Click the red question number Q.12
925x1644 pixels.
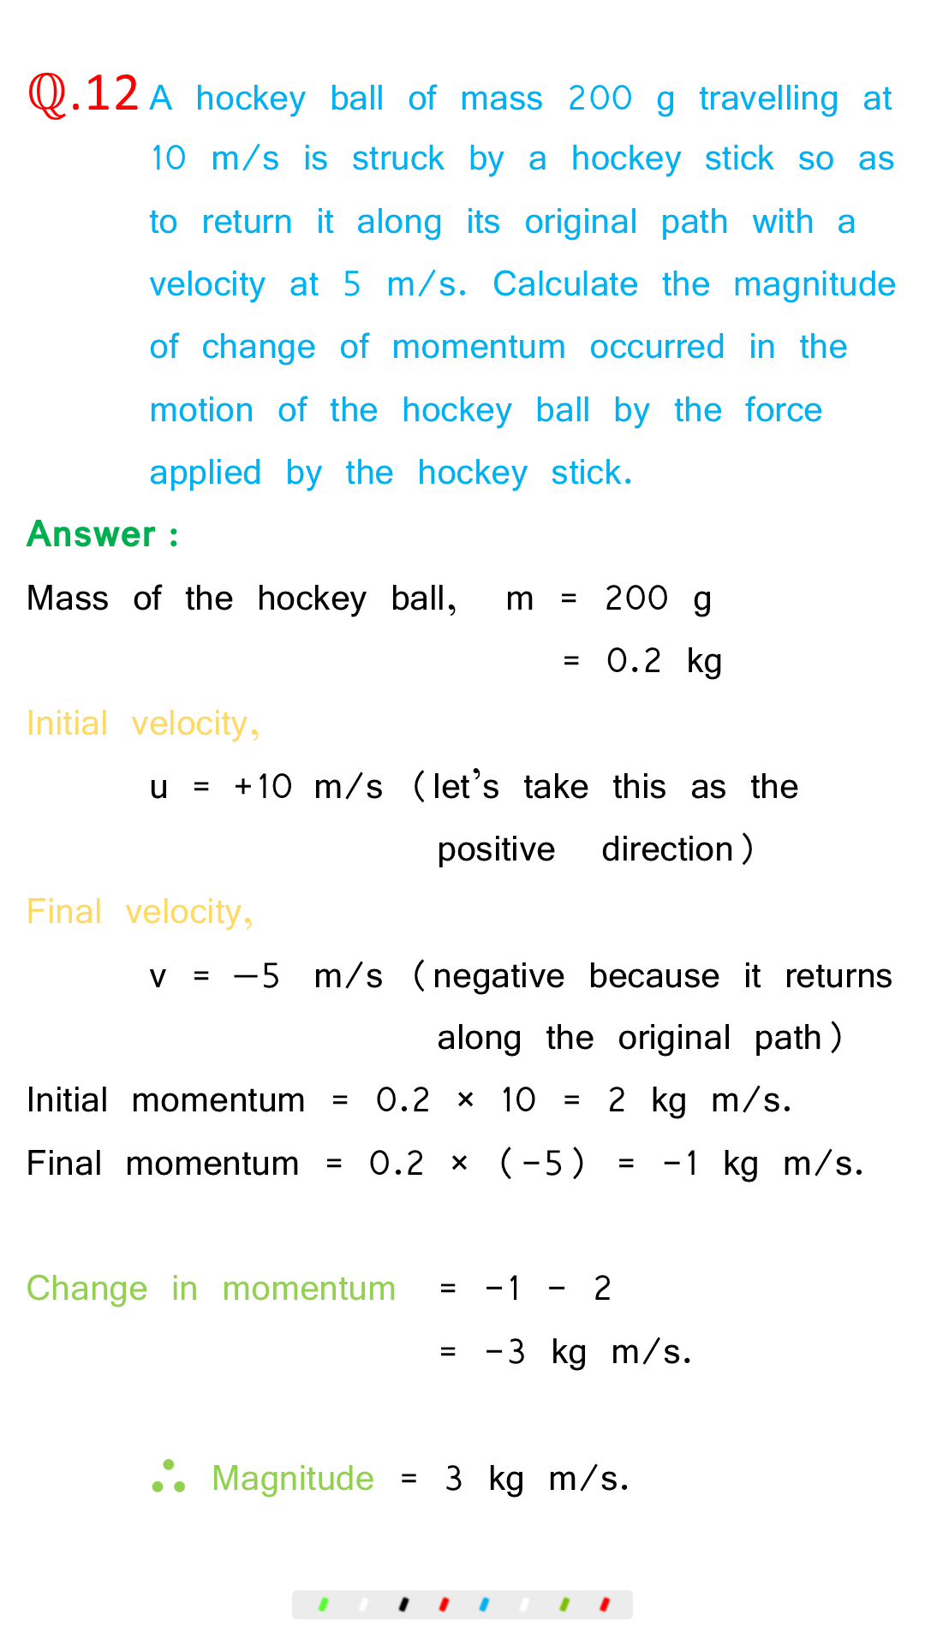[83, 93]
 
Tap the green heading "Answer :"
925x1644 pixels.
[103, 534]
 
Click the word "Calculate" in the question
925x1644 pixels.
[565, 284]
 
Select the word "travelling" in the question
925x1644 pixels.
[768, 99]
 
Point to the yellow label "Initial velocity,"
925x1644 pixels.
[143, 724]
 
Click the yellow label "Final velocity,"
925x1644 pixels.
[140, 913]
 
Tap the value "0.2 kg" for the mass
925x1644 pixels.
[664, 662]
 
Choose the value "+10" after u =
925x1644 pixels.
[263, 787]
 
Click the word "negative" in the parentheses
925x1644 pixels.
[498, 977]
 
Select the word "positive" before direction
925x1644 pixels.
[496, 850]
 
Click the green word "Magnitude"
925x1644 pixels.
[293, 1479]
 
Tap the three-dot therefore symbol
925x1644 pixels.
[169, 1477]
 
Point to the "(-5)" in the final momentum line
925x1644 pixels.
[543, 1164]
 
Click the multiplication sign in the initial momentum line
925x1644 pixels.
[465, 1100]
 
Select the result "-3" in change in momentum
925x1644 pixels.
[504, 1353]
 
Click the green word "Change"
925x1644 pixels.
[87, 1290]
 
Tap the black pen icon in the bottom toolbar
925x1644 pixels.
[403, 1605]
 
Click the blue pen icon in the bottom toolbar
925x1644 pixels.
[484, 1605]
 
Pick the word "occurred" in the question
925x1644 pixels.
[657, 347]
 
